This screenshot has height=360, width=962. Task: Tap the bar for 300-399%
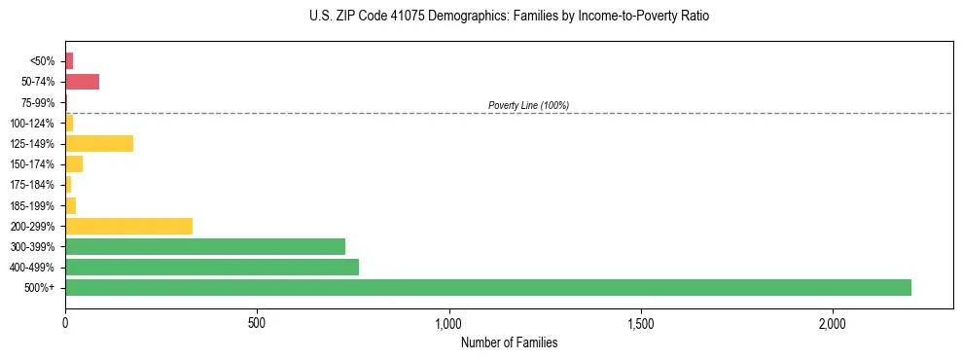[x=205, y=246]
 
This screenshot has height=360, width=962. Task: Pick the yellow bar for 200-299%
[x=128, y=226]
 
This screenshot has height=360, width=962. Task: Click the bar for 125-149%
[x=99, y=143]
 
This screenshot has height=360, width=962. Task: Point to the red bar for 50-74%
[x=83, y=81]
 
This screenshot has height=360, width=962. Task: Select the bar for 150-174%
[x=74, y=163]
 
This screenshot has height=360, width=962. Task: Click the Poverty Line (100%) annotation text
[x=528, y=105]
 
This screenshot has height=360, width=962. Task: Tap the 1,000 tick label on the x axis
[x=449, y=322]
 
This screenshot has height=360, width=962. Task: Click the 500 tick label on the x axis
[x=257, y=322]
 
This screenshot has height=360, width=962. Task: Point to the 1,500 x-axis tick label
[x=641, y=322]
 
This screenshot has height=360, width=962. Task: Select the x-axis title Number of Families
[x=509, y=342]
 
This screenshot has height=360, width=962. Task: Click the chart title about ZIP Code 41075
[x=509, y=17]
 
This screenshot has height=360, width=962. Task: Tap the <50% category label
[x=42, y=61]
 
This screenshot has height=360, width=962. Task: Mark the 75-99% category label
[x=38, y=102]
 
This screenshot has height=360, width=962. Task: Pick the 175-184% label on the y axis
[x=33, y=185]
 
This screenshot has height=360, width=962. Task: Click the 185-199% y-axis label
[x=33, y=205]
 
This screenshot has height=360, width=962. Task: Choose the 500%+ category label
[x=39, y=288]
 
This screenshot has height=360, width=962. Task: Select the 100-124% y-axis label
[x=33, y=123]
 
